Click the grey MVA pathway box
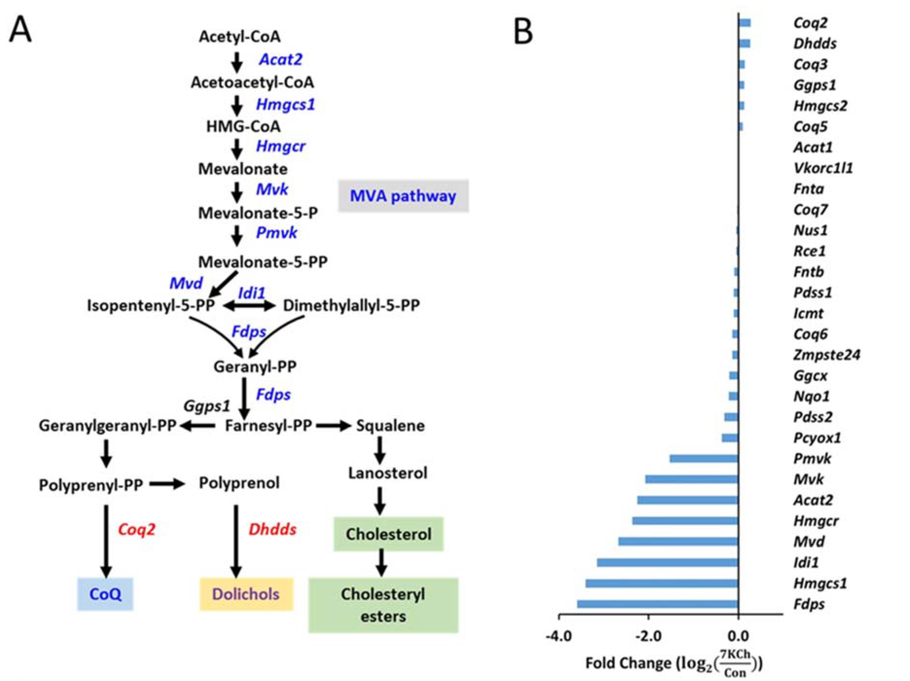(403, 196)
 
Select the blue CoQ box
(105, 594)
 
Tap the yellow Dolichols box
(246, 594)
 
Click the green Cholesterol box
(388, 534)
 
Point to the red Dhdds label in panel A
(272, 529)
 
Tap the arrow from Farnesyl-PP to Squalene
(333, 426)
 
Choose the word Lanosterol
(388, 473)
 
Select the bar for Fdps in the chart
(657, 604)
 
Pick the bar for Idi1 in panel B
(667, 562)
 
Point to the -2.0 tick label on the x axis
(648, 636)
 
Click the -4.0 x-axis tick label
(559, 636)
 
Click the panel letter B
(523, 32)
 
